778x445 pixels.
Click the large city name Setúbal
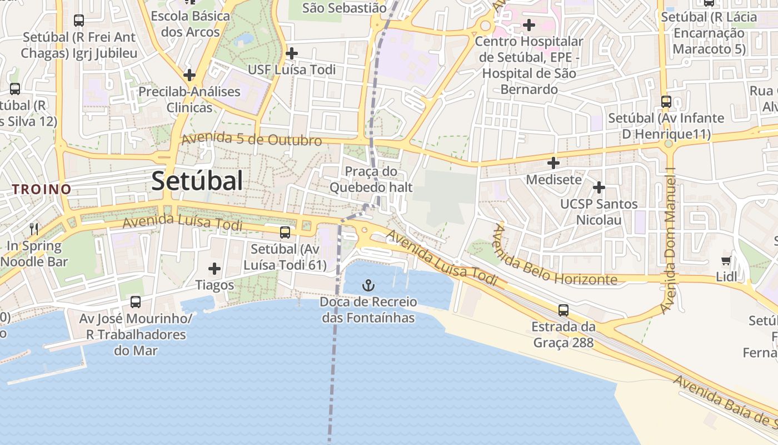pos(197,181)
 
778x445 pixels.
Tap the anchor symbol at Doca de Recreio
pos(368,286)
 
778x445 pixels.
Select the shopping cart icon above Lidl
pos(726,261)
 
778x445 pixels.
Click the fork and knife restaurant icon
pos(34,229)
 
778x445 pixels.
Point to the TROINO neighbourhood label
pos(42,189)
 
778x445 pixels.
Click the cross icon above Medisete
pos(553,163)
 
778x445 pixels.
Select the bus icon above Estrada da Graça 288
pos(563,310)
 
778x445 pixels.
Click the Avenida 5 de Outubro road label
pos(252,139)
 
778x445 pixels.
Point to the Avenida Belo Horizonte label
pos(553,259)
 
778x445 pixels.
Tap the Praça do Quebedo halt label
pos(371,180)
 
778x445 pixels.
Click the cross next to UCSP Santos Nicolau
pos(599,187)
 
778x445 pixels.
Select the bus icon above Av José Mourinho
pos(136,302)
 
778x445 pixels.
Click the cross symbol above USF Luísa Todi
pos(291,53)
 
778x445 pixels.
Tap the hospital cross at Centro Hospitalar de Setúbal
pos(529,24)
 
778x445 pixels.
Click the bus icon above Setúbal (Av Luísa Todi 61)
pos(285,233)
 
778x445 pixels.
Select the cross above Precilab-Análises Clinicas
pos(189,75)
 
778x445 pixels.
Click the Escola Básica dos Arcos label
pos(190,24)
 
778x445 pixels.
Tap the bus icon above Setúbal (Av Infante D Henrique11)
pos(666,102)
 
